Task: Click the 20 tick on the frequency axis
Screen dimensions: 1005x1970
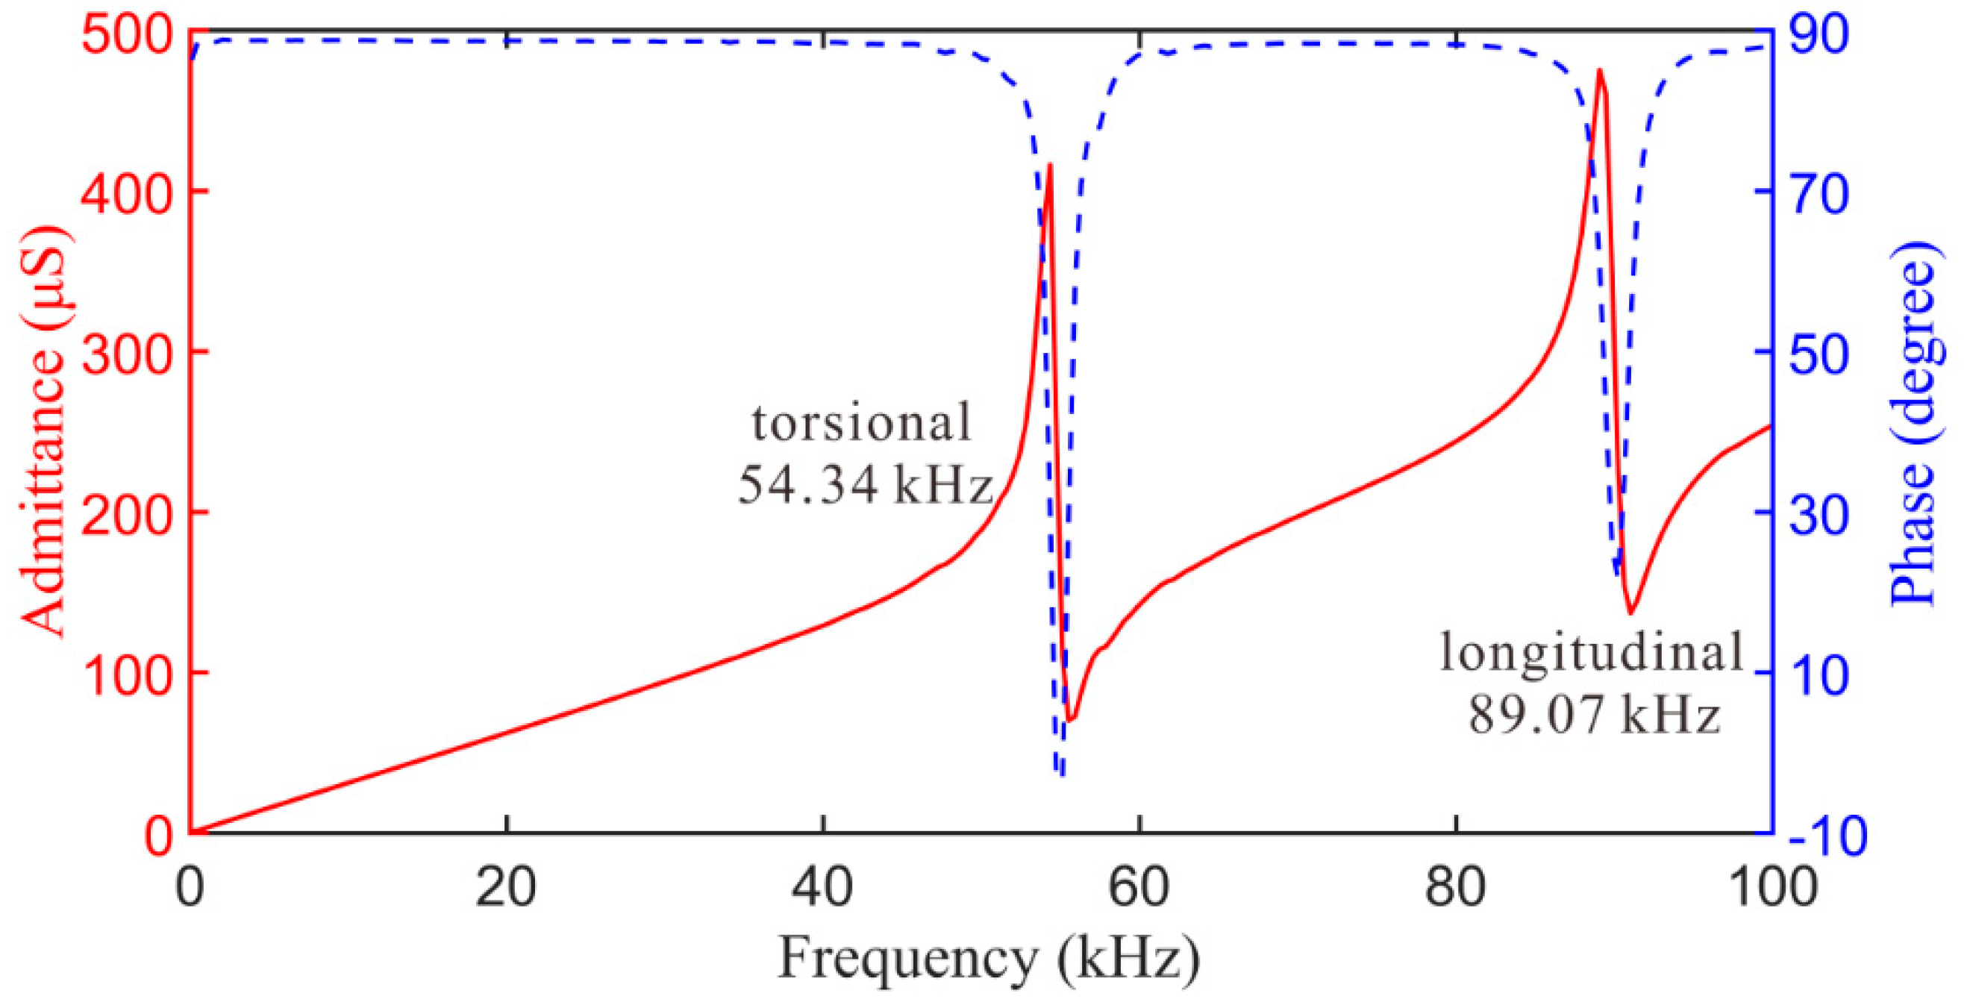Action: tap(505, 887)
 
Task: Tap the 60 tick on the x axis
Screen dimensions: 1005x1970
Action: tap(1139, 887)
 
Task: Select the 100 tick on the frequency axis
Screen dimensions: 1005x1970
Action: tap(1772, 887)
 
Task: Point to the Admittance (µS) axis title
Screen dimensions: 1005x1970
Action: tap(43, 432)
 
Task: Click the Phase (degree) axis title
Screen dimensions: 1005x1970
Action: tap(1913, 425)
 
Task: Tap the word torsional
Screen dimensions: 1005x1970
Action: tap(862, 423)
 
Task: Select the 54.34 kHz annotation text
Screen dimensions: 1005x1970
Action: tap(865, 484)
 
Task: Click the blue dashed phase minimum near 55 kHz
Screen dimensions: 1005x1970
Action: tap(1060, 774)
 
